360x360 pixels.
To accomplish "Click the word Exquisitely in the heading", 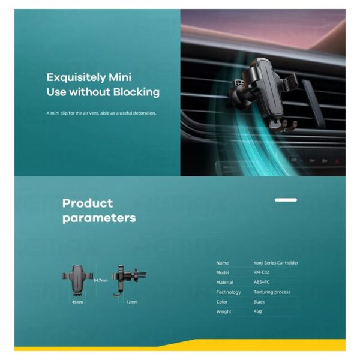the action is [x=76, y=77].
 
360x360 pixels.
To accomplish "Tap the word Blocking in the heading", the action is [x=136, y=92].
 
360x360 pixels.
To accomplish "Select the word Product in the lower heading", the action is [x=88, y=203].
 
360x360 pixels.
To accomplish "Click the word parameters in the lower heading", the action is [x=99, y=218].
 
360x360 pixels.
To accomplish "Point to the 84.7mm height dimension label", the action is [x=101, y=280].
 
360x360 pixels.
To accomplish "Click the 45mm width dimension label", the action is [x=77, y=302].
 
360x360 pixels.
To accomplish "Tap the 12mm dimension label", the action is [x=132, y=302].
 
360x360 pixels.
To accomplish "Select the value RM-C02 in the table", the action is [x=261, y=272].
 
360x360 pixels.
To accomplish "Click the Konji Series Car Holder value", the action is [x=276, y=263].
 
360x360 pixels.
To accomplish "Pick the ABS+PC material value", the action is [x=262, y=282].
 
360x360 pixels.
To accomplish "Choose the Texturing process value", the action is [x=272, y=292].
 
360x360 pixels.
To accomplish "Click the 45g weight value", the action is [x=257, y=311].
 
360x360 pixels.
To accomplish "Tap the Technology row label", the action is [x=229, y=292].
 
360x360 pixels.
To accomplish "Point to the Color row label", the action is [x=222, y=302].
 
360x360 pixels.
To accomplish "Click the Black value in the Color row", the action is [x=259, y=302].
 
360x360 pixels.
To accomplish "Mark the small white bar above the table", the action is [x=286, y=200].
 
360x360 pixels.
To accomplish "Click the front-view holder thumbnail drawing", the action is [x=77, y=280].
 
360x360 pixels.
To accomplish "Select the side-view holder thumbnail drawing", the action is [x=129, y=281].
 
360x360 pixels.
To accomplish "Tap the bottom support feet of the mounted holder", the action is [x=283, y=126].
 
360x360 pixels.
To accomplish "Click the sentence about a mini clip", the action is [x=101, y=113].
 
